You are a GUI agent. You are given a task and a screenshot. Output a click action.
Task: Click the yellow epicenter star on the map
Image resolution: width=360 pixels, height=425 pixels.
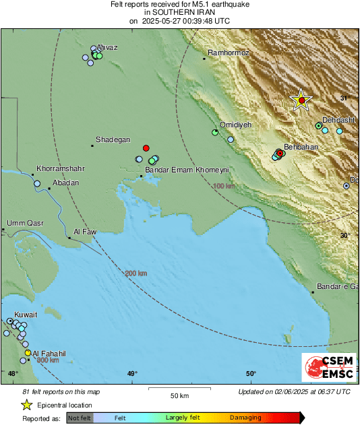pos(301,100)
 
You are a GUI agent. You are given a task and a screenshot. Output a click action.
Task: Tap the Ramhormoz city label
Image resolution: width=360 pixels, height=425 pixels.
pos(229,53)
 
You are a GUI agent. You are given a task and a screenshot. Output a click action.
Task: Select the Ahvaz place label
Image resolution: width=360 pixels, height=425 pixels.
pos(107,46)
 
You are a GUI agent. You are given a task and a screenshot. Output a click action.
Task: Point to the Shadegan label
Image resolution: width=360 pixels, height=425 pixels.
pos(113,139)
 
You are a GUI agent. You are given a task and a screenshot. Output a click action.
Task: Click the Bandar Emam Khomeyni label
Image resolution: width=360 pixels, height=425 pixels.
pos(179,170)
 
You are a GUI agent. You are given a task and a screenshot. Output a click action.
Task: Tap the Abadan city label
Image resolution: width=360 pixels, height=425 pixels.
pos(65,183)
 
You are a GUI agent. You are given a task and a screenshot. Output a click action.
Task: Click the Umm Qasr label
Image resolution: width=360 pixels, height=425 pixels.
pos(25,223)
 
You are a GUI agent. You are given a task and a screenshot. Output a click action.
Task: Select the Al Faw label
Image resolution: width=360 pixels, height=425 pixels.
pos(84,232)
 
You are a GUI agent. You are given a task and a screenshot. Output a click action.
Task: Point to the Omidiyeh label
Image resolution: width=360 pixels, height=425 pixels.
pos(235,125)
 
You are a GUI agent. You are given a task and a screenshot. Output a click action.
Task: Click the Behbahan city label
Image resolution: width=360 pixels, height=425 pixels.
pos(301,146)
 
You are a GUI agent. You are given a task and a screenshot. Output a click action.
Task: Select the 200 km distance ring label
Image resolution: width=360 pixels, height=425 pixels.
pos(136,273)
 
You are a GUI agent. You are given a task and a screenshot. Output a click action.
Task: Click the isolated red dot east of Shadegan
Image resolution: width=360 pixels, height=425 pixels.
pos(146,148)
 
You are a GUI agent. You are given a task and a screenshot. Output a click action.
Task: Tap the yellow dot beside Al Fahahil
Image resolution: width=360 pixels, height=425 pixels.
pos(28,353)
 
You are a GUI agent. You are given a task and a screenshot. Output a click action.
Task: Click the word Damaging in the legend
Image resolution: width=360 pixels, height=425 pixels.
pos(245,418)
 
